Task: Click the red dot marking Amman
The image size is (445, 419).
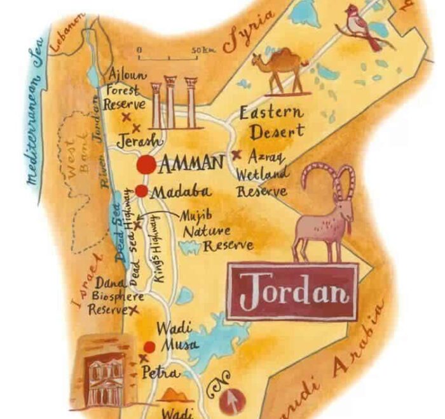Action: [146, 164]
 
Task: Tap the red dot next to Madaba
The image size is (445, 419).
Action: [141, 191]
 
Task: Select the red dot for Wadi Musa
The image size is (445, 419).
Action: [149, 347]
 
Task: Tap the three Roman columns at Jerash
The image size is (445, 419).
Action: [171, 102]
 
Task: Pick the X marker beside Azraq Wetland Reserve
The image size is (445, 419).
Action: [236, 154]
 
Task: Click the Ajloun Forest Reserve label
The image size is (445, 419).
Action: [125, 89]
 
